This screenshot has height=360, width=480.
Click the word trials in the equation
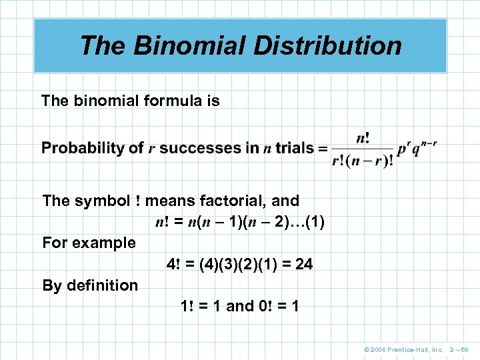294,148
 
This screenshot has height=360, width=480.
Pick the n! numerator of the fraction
363,138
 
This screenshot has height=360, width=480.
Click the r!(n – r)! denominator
363,161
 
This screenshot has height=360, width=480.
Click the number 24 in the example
303,264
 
